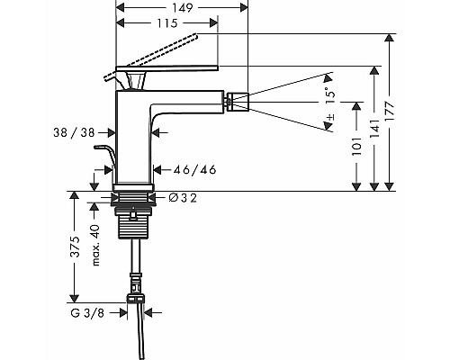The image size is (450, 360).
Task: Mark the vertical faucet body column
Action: tap(135, 144)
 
